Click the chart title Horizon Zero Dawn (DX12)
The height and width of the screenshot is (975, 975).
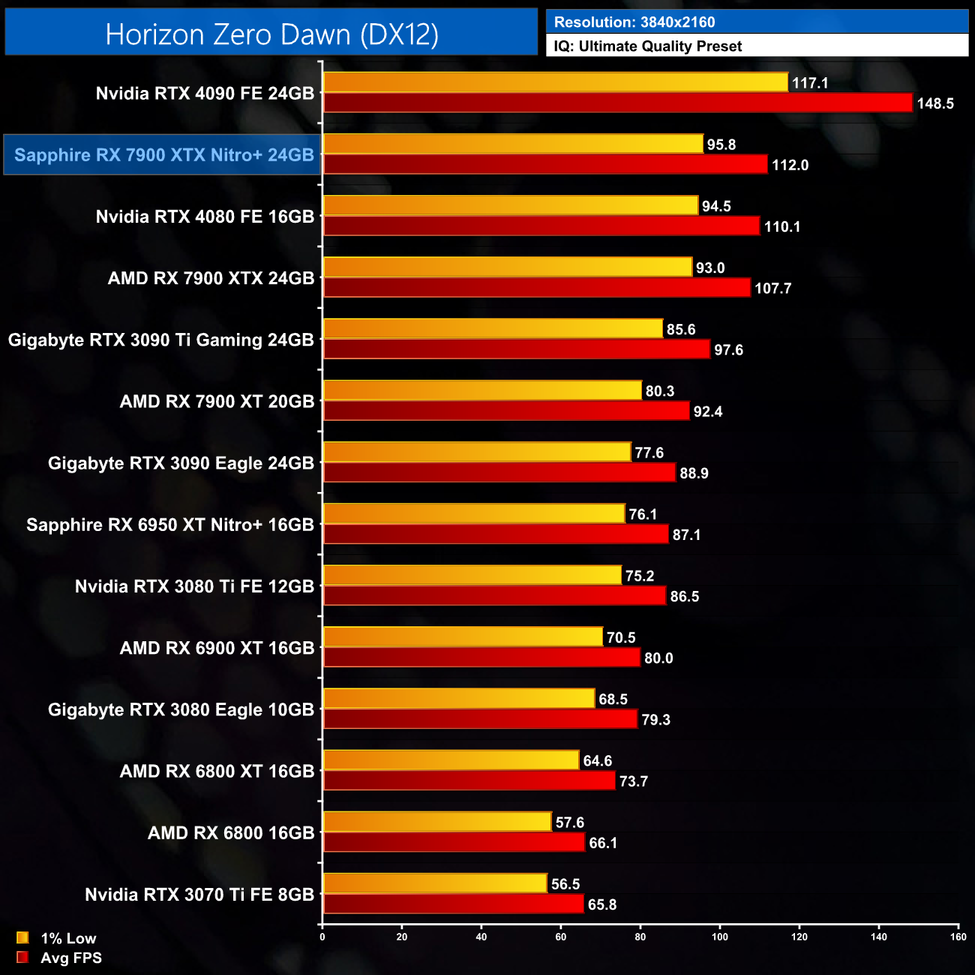271,34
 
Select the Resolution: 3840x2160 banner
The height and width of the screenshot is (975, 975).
634,22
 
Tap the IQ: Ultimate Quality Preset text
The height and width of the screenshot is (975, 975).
648,46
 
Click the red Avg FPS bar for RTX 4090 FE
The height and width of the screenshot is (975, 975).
617,103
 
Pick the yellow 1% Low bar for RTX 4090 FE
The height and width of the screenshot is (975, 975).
555,82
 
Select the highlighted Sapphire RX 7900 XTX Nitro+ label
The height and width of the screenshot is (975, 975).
163,155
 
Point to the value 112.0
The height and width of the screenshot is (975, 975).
790,165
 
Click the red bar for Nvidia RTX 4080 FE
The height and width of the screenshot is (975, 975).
541,226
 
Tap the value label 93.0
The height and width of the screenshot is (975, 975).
710,268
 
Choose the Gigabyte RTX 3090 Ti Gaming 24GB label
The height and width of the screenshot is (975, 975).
161,340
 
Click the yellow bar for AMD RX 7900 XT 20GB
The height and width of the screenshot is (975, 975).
482,391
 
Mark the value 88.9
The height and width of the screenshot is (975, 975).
694,473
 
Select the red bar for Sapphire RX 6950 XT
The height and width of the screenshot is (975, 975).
496,534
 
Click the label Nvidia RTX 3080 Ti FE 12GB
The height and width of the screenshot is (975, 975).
194,586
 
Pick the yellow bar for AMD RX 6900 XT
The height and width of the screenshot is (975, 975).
463,637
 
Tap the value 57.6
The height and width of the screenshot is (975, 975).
570,823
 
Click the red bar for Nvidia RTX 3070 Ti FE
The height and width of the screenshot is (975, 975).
453,904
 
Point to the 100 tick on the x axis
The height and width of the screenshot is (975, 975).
720,937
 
